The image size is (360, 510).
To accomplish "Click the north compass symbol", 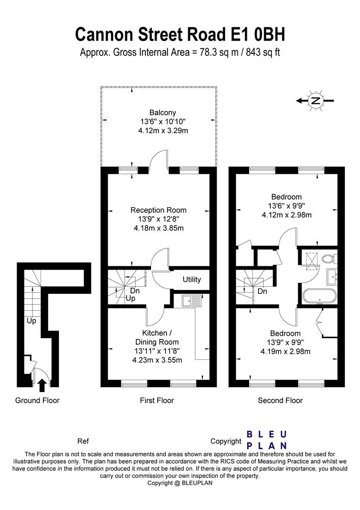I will click(315, 100).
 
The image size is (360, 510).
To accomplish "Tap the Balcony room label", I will click(163, 112).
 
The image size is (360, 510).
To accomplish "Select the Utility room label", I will click(192, 280).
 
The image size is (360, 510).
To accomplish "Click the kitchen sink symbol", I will click(191, 300).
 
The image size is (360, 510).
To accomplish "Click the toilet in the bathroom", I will click(330, 258).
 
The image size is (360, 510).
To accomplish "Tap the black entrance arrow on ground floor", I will click(42, 384).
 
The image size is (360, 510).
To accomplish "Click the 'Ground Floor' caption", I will click(37, 400).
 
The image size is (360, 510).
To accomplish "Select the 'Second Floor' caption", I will click(280, 400).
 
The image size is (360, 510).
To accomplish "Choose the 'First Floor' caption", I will click(157, 400).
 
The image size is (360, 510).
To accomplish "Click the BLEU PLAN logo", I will click(267, 440).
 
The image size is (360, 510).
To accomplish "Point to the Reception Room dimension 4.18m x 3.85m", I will click(158, 228).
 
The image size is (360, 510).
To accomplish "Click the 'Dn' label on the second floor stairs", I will click(262, 291).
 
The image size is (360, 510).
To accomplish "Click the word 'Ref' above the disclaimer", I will click(83, 442).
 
